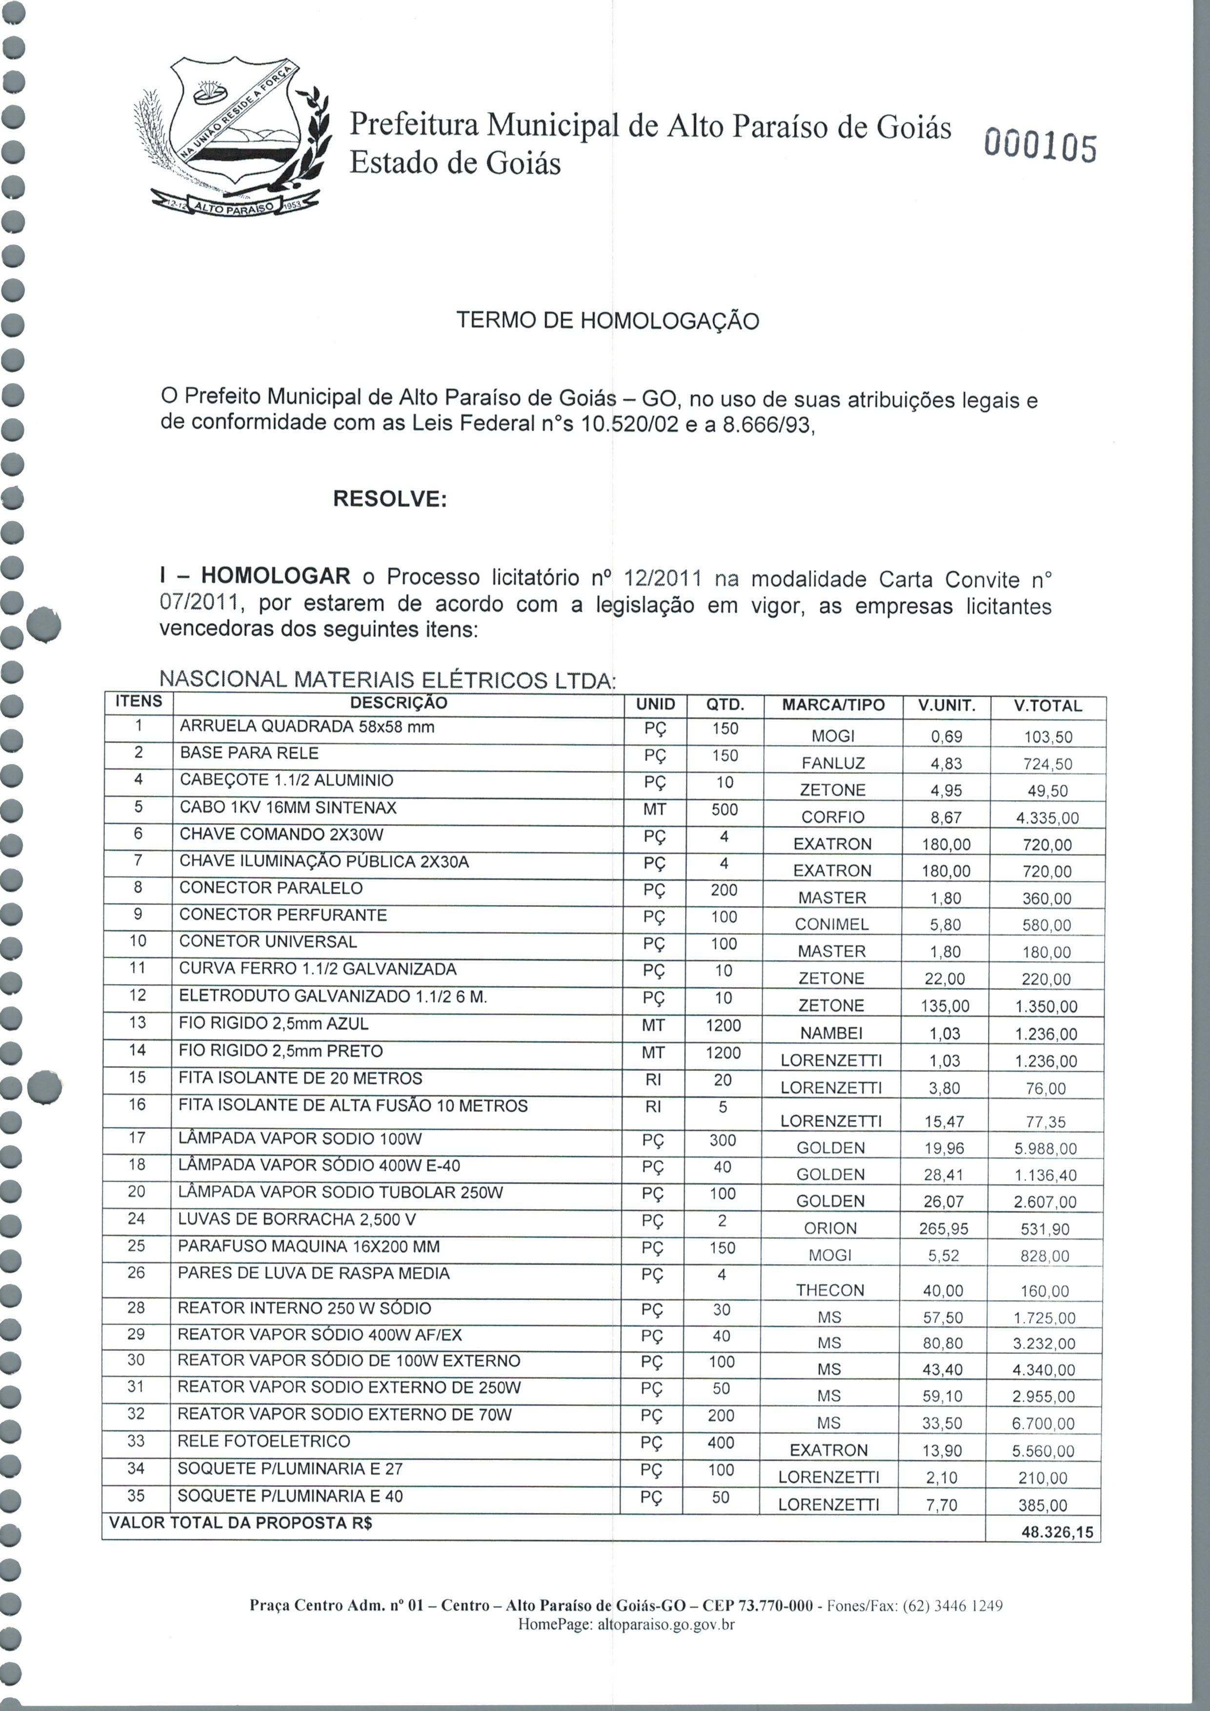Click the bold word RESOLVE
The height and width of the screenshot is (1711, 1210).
(x=389, y=499)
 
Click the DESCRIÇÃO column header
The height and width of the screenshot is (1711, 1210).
(x=399, y=703)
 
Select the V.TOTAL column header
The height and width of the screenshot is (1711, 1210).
(x=1048, y=705)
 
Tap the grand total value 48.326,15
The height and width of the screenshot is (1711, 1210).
(x=1057, y=1532)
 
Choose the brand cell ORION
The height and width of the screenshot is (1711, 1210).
(x=830, y=1228)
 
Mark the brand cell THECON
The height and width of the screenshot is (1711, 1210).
(x=829, y=1290)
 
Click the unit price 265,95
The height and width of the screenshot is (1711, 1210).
(x=943, y=1228)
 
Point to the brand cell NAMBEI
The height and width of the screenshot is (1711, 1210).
(x=831, y=1033)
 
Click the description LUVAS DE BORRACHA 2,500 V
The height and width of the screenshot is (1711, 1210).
(x=297, y=1219)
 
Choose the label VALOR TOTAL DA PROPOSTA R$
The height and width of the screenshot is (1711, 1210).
(x=241, y=1523)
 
